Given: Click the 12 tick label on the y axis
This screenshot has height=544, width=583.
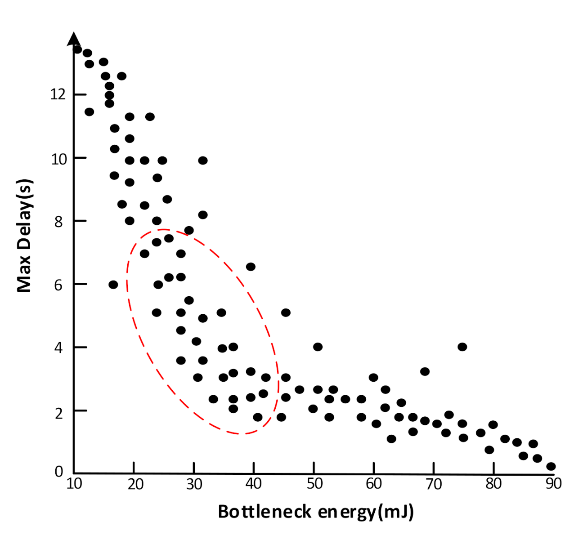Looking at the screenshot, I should (58, 94).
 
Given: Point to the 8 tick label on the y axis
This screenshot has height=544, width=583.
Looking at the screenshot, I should (58, 221).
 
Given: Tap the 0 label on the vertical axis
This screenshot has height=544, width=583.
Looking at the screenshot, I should (59, 472).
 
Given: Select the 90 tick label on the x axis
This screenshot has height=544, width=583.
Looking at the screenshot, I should (553, 483).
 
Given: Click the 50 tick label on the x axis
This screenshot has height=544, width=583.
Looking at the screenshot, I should (314, 483).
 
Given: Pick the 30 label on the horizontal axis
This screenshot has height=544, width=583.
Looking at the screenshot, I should (194, 483).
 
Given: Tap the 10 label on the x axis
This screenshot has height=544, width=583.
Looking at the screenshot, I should (74, 483).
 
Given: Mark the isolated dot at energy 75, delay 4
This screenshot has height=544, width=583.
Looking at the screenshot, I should (462, 347).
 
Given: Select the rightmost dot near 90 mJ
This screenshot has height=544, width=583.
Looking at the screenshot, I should (551, 466).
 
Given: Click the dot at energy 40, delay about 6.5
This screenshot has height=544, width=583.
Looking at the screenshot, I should (251, 267).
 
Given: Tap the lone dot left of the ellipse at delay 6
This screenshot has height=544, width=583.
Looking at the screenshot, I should (113, 285).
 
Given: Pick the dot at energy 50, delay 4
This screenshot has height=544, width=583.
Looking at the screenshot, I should (318, 347).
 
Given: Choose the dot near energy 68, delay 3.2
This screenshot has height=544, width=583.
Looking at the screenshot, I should (425, 371).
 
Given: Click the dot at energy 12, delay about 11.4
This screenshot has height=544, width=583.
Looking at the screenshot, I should (89, 111).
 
